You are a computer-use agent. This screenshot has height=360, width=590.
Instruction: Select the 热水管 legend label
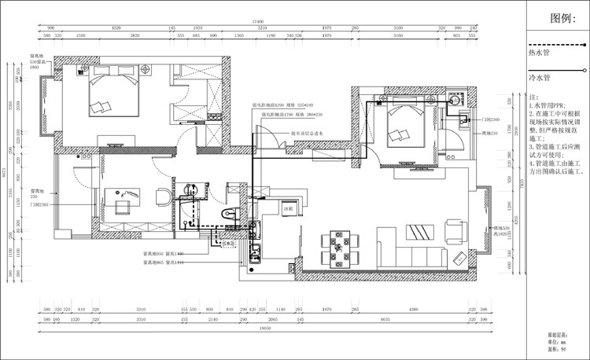[540, 53]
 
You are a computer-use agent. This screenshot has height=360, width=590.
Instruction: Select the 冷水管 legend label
[540, 79]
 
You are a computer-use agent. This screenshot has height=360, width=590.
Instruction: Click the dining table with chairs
[340, 246]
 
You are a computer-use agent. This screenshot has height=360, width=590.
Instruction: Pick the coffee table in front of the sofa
[415, 231]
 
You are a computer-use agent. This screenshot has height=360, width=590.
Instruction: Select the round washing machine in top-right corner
[455, 101]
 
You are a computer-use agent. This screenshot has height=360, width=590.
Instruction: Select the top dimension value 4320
[117, 28]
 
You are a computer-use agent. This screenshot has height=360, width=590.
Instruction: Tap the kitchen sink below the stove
[255, 253]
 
